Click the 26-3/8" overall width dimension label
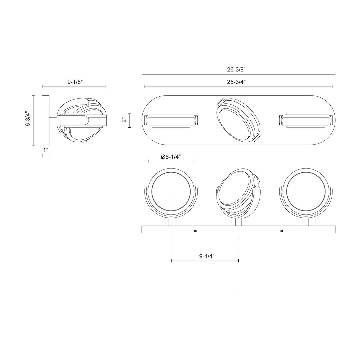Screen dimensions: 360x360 click(x=238, y=69)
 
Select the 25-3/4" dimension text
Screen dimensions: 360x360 click(x=238, y=82)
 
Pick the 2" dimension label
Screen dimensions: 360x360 click(x=124, y=120)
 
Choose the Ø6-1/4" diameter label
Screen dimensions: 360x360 click(x=171, y=157)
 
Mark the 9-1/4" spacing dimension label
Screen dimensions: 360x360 click(x=207, y=256)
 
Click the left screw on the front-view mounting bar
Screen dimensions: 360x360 click(x=195, y=231)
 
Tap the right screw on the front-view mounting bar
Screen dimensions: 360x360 click(x=282, y=231)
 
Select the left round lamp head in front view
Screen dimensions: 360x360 click(x=171, y=192)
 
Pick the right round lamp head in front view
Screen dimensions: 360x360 click(x=306, y=192)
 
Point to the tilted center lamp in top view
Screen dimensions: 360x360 click(x=238, y=120)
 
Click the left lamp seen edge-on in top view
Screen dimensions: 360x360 click(x=171, y=120)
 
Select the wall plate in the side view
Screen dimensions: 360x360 click(x=46, y=121)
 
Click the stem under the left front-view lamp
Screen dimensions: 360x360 click(x=171, y=222)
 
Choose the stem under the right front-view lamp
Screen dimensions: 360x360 click(x=306, y=222)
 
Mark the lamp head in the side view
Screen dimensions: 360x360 click(x=81, y=120)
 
